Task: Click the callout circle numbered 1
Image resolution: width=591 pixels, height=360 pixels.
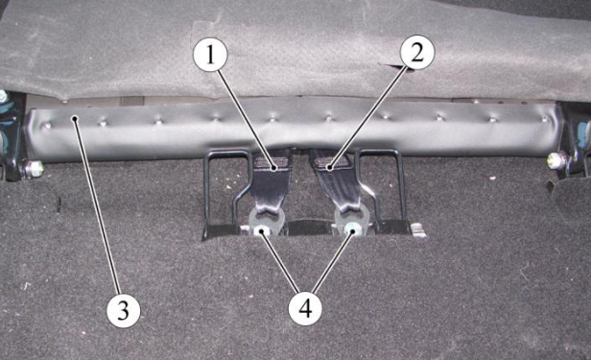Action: [x=210, y=55]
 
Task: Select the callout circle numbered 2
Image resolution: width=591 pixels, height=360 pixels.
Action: [x=417, y=53]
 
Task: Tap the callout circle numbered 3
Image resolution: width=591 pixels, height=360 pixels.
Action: [x=123, y=311]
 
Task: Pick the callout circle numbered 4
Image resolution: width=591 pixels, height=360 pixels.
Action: [x=305, y=310]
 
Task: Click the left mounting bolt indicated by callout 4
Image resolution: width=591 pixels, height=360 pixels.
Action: [x=260, y=230]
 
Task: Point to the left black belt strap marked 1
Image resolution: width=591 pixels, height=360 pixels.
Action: [x=272, y=180]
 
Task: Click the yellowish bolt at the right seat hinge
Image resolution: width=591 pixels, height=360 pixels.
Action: [x=556, y=160]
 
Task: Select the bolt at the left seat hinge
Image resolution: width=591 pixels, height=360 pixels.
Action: [x=34, y=168]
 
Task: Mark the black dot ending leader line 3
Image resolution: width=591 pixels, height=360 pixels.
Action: [x=76, y=118]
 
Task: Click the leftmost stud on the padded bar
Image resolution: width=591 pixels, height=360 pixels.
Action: [x=47, y=125]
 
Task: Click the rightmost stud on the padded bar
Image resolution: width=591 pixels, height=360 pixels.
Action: [x=545, y=119]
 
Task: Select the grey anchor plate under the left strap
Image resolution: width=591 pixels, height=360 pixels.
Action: [x=265, y=222]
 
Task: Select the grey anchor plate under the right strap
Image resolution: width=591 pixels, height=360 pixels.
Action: [x=350, y=221]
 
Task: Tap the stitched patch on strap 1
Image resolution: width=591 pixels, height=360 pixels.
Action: [x=272, y=162]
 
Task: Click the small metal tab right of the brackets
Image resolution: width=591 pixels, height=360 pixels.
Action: [x=418, y=230]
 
